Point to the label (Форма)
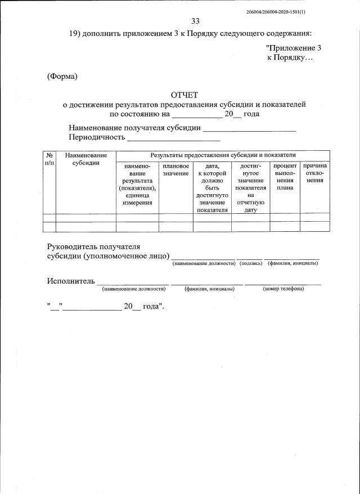pyautogui.click(x=62, y=77)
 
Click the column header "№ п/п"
pyautogui.click(x=49, y=159)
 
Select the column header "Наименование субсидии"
pyautogui.click(x=85, y=159)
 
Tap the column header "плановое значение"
pyautogui.click(x=176, y=170)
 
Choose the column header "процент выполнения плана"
pyautogui.click(x=285, y=177)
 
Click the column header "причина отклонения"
pyautogui.click(x=315, y=173)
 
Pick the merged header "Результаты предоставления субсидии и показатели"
pyautogui.click(x=222, y=155)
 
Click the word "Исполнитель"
pyautogui.click(x=71, y=280)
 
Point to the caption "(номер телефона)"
pyautogui.click(x=283, y=289)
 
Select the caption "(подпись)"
pyautogui.click(x=251, y=263)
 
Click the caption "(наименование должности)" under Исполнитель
pyautogui.click(x=133, y=289)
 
